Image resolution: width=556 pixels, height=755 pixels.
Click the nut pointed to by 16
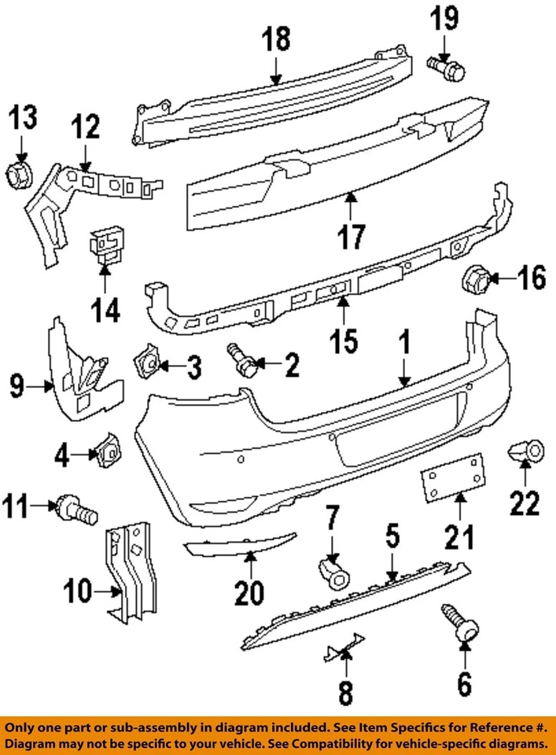click(475, 278)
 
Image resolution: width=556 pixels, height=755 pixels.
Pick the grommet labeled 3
click(147, 359)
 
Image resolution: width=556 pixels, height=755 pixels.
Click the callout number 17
click(351, 235)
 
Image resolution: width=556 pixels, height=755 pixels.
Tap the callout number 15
click(344, 341)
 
